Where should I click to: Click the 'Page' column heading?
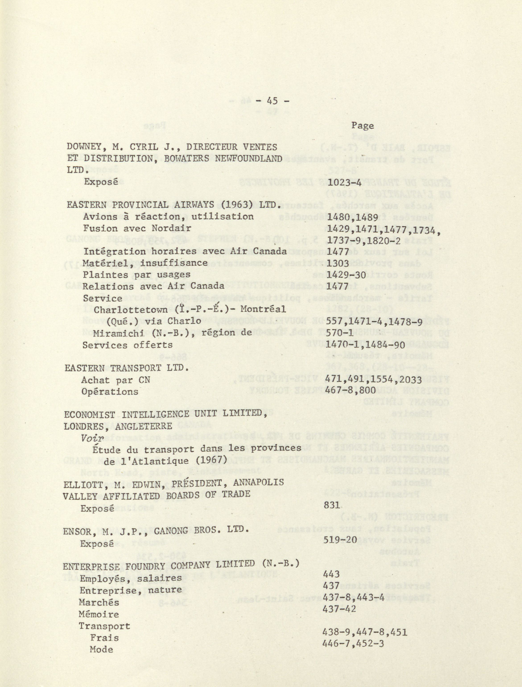coord(362,126)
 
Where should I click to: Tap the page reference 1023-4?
coord(345,182)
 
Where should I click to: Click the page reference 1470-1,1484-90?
coord(366,345)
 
